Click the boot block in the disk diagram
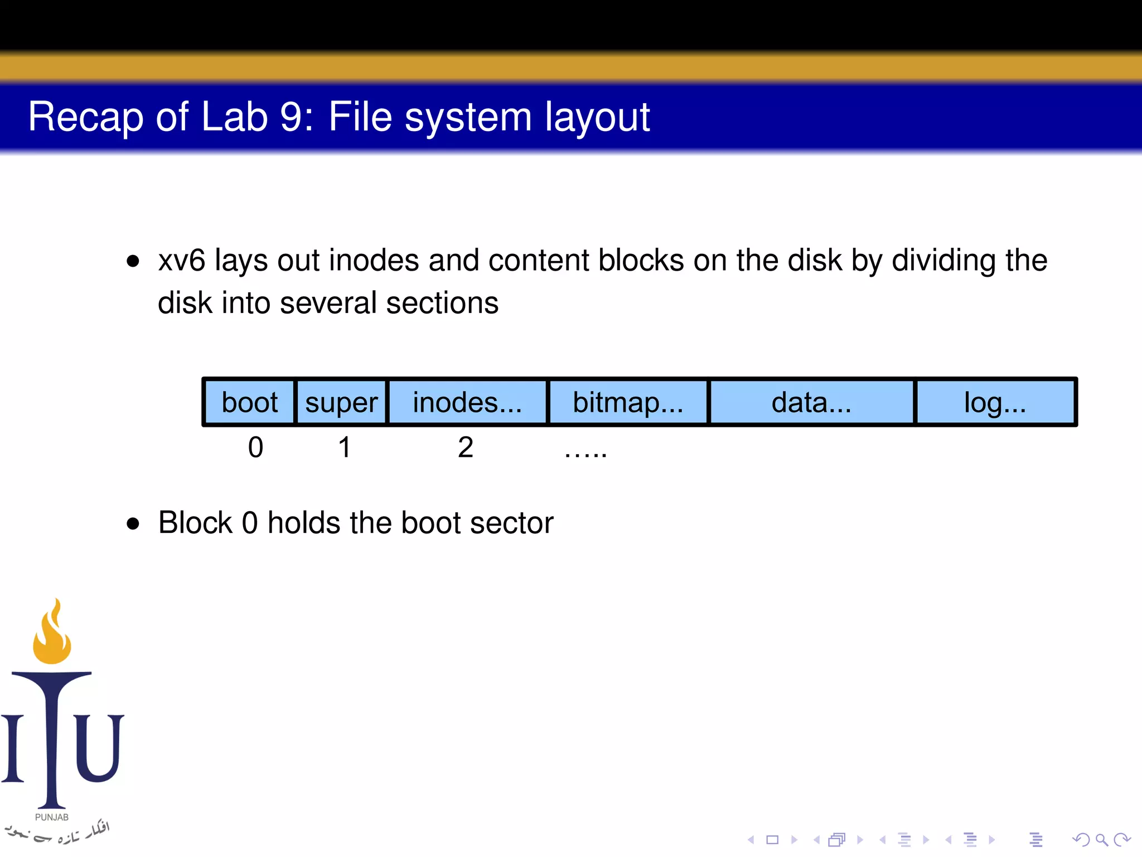point(249,402)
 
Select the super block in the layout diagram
point(341,402)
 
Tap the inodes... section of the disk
point(467,402)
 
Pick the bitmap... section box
point(628,402)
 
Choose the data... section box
point(811,402)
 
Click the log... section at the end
point(995,402)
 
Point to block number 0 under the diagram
point(255,447)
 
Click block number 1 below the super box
point(345,447)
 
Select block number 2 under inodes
point(466,447)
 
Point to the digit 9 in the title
point(291,117)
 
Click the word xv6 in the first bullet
point(182,261)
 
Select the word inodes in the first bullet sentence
point(374,261)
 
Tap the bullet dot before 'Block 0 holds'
point(133,523)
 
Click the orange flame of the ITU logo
point(52,636)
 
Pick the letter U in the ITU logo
point(99,748)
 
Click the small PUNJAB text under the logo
point(52,817)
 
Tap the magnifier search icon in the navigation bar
point(1101,840)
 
